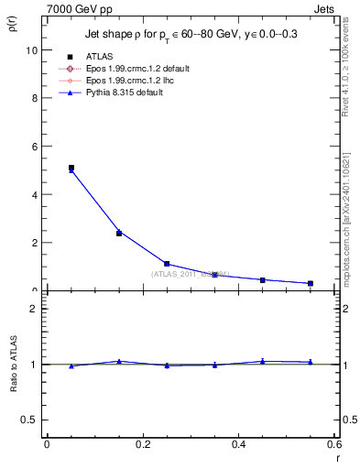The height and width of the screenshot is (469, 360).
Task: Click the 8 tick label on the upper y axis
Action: coord(34,98)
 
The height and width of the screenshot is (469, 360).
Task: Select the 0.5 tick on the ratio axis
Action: coord(30,420)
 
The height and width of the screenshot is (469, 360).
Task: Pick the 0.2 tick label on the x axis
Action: coord(142,444)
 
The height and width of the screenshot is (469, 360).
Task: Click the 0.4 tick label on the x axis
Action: coord(238,444)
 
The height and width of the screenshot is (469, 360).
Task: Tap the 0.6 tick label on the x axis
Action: coord(333,444)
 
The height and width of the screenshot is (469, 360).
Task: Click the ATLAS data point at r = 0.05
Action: coord(71,169)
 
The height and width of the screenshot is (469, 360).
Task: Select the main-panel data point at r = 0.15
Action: coord(119,233)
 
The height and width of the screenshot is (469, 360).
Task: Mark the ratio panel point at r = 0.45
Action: coord(263,361)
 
